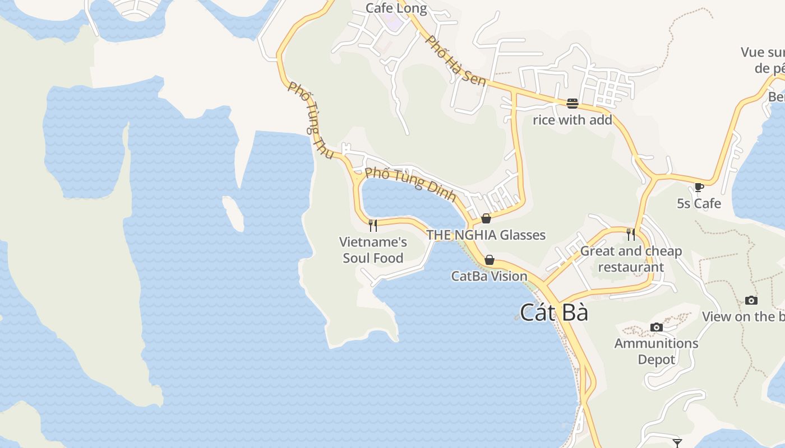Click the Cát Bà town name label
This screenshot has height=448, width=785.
pos(554,312)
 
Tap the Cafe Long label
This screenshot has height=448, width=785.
pos(396,8)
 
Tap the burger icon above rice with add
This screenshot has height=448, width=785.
pos(572,103)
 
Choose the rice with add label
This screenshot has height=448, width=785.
pos(572,120)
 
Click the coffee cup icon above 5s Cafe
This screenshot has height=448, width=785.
pos(699,187)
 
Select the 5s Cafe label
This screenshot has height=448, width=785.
pos(699,203)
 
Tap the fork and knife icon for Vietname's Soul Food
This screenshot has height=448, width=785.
pos(372,225)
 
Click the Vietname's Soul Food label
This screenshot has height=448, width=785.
pos(373,250)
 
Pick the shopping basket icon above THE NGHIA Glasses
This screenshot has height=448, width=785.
pos(486,218)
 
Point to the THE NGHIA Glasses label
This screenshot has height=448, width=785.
pos(486,235)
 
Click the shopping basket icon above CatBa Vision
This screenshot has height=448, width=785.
pos(490,260)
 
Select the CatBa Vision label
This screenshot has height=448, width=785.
pos(490,276)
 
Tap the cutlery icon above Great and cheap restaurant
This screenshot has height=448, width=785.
pos(631,234)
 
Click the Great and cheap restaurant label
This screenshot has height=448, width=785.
pos(631,259)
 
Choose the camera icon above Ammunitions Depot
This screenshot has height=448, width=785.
pos(656,327)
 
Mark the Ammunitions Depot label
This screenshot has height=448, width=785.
pos(656,351)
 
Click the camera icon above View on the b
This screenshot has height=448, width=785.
pos(751,301)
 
